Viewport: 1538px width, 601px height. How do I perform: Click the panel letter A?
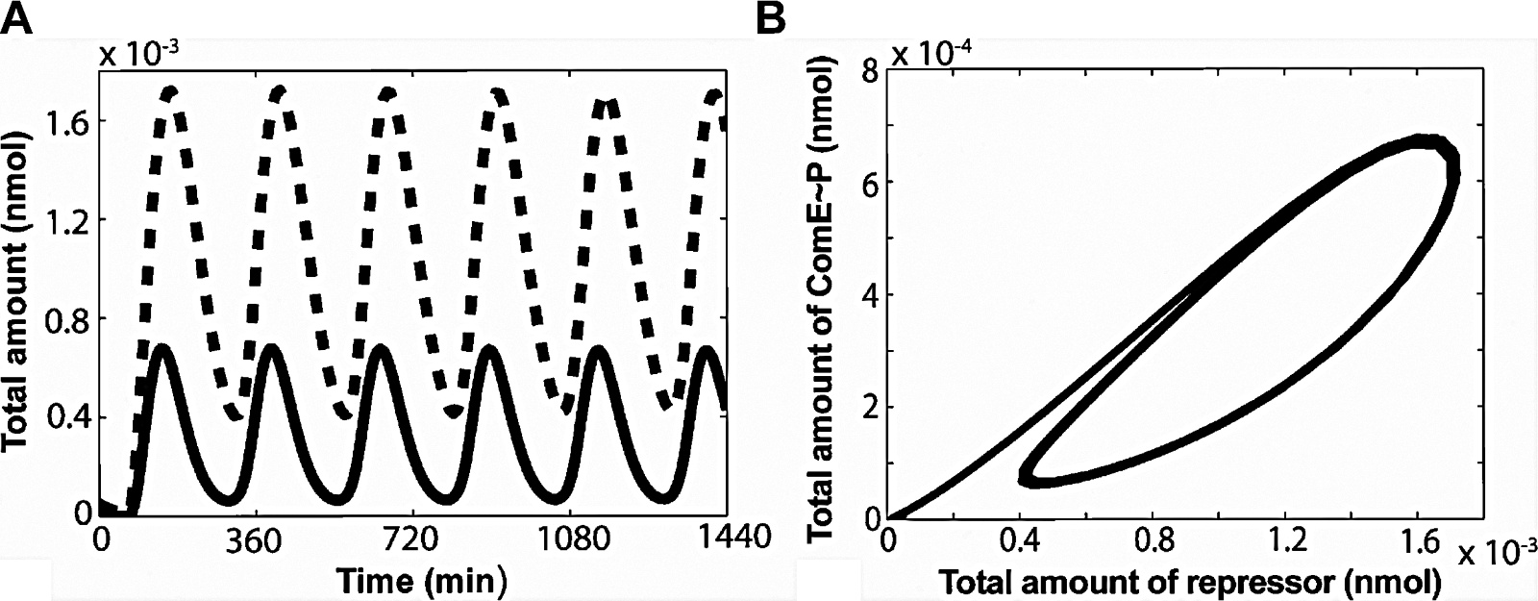(19, 18)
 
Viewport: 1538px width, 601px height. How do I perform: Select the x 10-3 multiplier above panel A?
(140, 53)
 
